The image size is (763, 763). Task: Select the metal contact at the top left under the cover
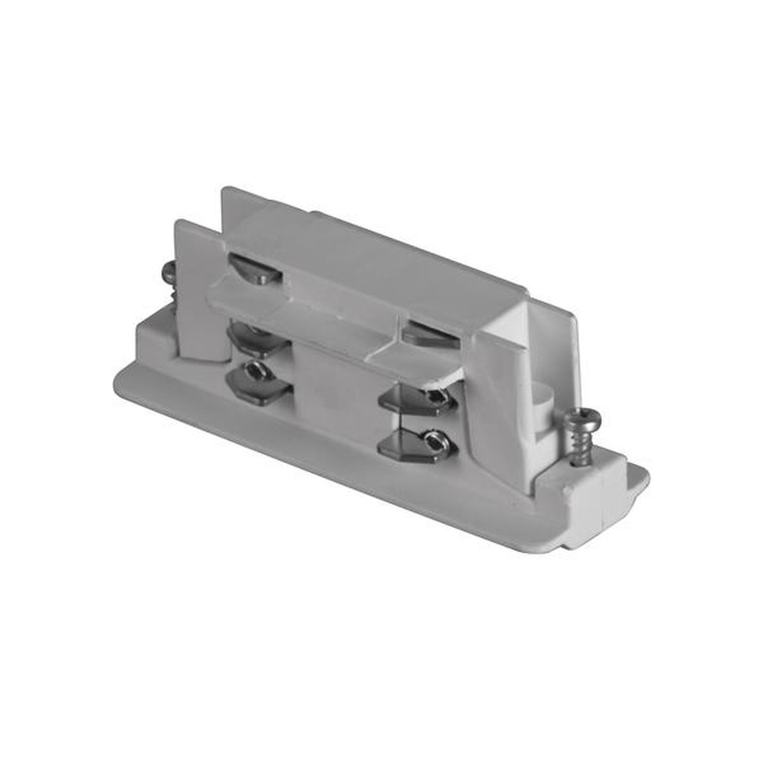click(x=255, y=268)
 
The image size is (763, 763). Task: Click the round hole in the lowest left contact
click(x=256, y=372)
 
